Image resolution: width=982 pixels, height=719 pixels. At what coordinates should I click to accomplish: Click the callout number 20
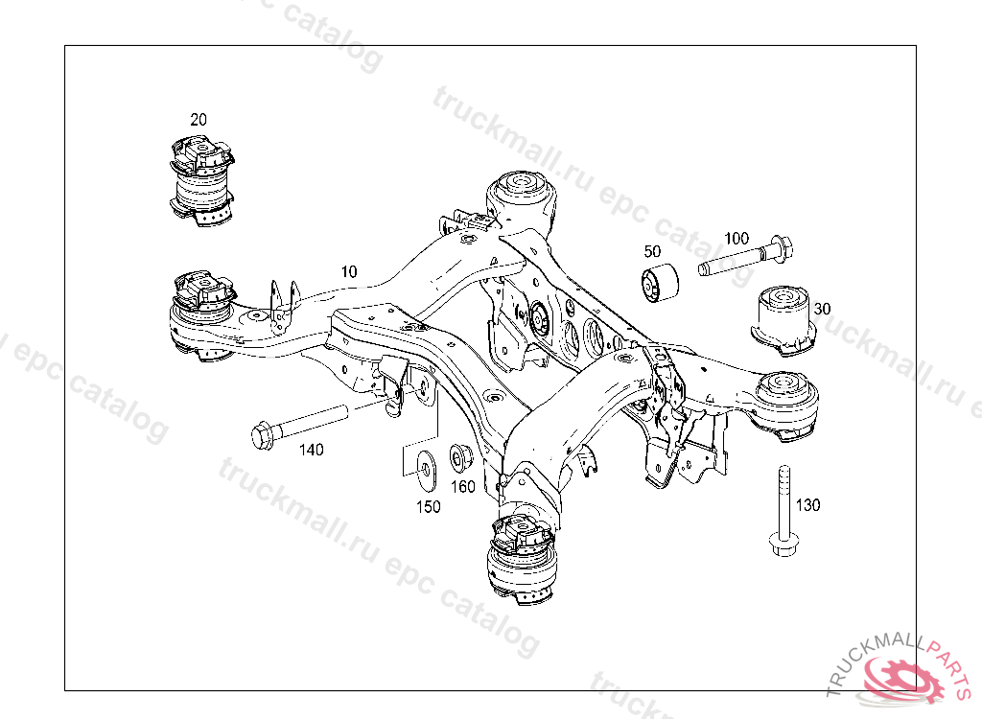tap(199, 120)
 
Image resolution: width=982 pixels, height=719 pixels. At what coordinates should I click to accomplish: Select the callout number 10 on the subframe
tap(349, 272)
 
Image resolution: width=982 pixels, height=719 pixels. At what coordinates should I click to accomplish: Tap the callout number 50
tap(652, 251)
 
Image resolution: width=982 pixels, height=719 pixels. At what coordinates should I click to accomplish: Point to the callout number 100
tap(736, 239)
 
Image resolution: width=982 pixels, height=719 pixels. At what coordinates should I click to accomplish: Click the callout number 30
tap(822, 309)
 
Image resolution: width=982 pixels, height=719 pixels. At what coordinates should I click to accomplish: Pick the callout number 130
tap(807, 505)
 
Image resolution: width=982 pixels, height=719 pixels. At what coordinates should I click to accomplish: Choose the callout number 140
tap(312, 450)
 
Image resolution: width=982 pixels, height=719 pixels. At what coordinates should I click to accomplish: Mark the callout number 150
tap(429, 507)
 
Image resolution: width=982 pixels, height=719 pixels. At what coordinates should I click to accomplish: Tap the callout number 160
tap(463, 487)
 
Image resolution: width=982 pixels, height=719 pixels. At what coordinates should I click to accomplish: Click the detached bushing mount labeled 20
tap(201, 180)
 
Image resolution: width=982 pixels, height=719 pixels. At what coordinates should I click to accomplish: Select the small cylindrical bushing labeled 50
tap(660, 284)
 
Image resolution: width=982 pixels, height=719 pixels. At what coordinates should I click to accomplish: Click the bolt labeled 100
tap(746, 256)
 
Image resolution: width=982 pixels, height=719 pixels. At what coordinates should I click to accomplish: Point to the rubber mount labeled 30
tap(783, 320)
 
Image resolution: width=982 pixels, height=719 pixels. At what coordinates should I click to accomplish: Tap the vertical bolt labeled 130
tap(783, 511)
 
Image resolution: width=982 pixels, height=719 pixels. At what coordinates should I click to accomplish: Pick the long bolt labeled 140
tap(299, 428)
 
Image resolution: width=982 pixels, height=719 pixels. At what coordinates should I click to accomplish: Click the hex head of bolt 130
tap(783, 545)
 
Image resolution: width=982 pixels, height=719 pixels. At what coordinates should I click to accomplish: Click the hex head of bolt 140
tap(262, 436)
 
